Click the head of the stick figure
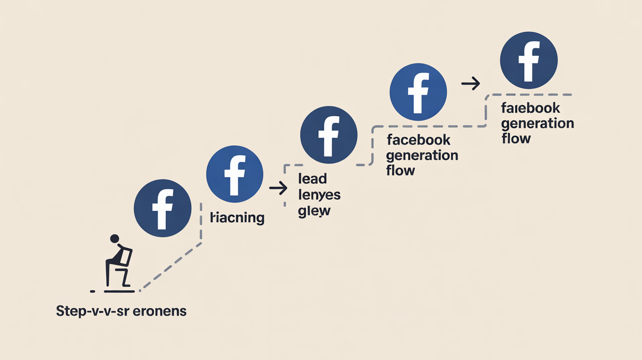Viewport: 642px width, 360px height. [x=115, y=239]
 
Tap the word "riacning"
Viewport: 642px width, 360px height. [x=237, y=218]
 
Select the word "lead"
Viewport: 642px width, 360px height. [x=312, y=180]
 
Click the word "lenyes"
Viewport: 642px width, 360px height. [x=319, y=195]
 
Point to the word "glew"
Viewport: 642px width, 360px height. [x=314, y=211]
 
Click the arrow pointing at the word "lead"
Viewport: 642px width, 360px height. [x=278, y=188]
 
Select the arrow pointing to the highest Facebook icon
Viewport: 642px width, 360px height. [x=471, y=85]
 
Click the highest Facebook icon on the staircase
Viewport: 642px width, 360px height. [x=528, y=61]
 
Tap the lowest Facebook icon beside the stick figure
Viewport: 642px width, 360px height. [x=162, y=209]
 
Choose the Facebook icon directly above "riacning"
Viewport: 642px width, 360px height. [x=235, y=174]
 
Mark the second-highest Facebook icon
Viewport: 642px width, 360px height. [x=418, y=92]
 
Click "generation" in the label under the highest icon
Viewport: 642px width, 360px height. [x=537, y=123]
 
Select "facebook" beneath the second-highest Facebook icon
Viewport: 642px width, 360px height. [x=418, y=140]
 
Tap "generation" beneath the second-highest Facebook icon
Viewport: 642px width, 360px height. [x=422, y=156]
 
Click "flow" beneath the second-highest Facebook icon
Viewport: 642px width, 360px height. [x=400, y=171]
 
